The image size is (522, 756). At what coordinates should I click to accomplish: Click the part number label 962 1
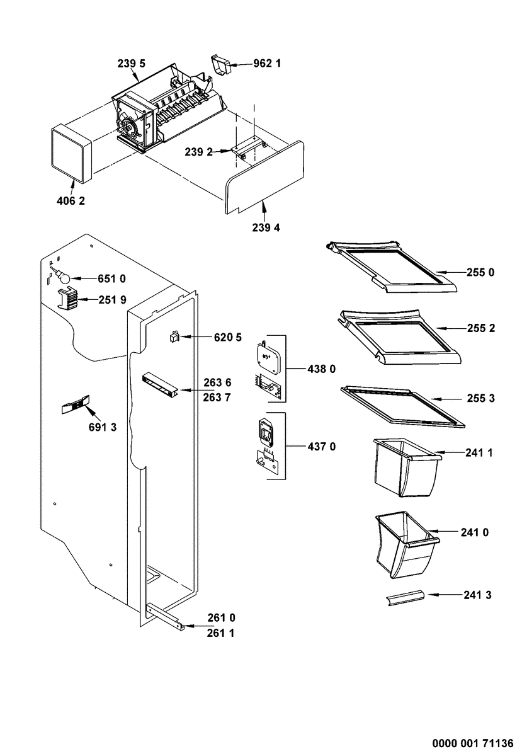[x=267, y=64]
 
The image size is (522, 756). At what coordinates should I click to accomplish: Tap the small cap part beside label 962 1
[x=220, y=65]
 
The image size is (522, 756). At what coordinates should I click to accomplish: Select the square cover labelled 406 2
[x=71, y=154]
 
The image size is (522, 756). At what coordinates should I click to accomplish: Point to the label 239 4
[x=266, y=228]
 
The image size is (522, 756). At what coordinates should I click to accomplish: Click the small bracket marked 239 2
[x=249, y=148]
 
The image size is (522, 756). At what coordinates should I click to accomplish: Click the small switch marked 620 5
[x=174, y=337]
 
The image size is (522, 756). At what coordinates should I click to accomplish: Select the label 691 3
[x=103, y=427]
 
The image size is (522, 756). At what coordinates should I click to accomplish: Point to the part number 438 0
[x=321, y=369]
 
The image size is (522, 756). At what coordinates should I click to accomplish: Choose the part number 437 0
[x=322, y=447]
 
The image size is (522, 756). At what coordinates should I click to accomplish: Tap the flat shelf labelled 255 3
[x=403, y=407]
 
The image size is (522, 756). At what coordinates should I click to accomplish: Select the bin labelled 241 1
[x=407, y=467]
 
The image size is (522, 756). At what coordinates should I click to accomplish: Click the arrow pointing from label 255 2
[x=450, y=328]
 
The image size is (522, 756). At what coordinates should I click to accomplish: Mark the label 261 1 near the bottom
[x=220, y=633]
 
